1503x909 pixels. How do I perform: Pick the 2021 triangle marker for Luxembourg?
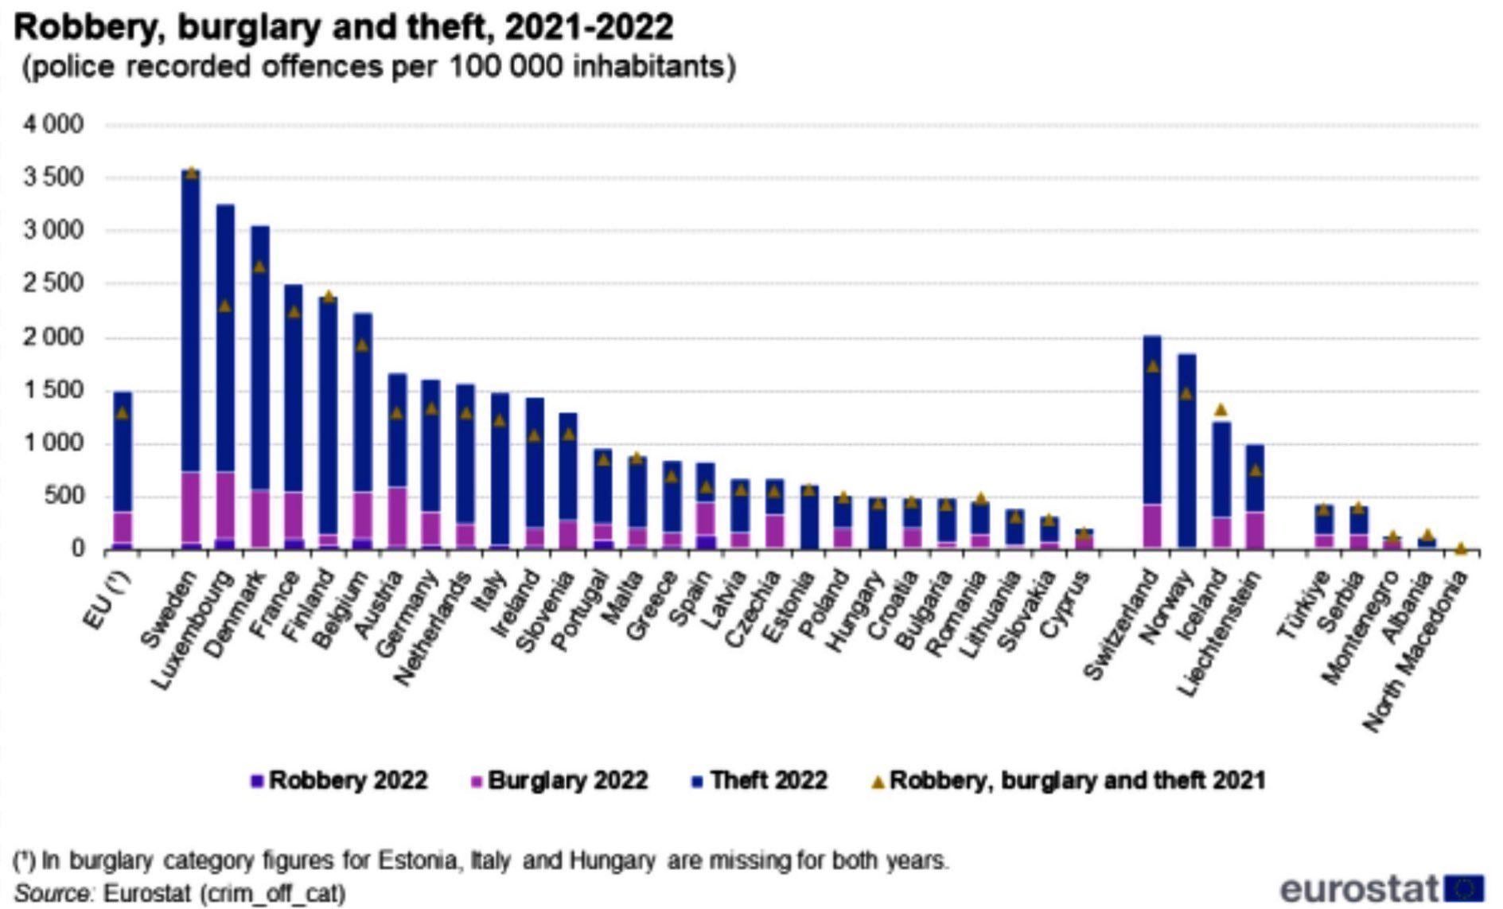coord(225,306)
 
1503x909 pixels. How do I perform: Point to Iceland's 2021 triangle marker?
coord(1221,410)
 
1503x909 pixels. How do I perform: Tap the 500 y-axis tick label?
coord(65,497)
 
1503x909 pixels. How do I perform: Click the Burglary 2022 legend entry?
coord(560,780)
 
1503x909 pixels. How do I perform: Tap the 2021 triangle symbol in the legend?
coord(878,782)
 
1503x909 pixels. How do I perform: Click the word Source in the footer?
coord(52,893)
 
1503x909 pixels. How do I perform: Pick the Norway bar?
coord(1186,454)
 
